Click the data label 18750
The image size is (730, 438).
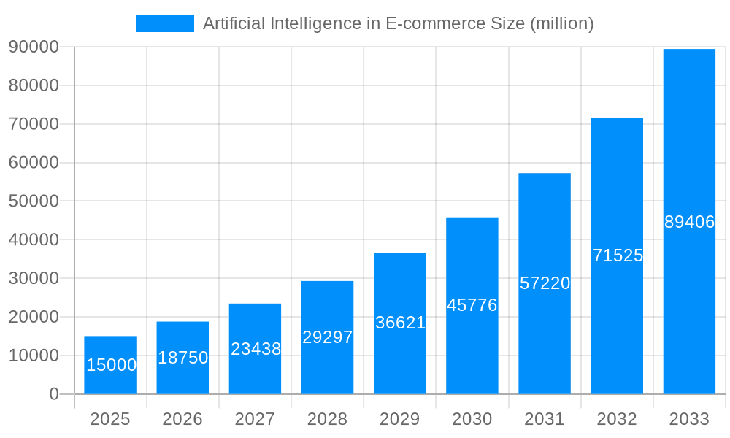click(182, 358)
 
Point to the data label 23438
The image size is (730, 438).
click(255, 349)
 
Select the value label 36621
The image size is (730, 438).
click(400, 323)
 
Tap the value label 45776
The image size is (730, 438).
click(472, 305)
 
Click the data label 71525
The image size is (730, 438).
click(618, 255)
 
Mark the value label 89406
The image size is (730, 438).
click(689, 222)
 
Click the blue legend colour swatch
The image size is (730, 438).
click(165, 23)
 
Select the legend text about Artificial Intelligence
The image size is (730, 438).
click(398, 23)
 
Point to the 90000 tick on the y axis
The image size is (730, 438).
click(34, 47)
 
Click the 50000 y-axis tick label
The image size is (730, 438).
click(34, 201)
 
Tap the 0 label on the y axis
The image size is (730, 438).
click(54, 394)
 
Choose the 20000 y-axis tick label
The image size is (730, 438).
click(34, 317)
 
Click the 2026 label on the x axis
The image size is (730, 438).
click(182, 419)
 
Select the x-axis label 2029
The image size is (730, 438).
click(400, 419)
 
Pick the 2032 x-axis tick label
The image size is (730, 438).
click(617, 419)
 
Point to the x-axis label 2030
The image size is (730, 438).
click(472, 419)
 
